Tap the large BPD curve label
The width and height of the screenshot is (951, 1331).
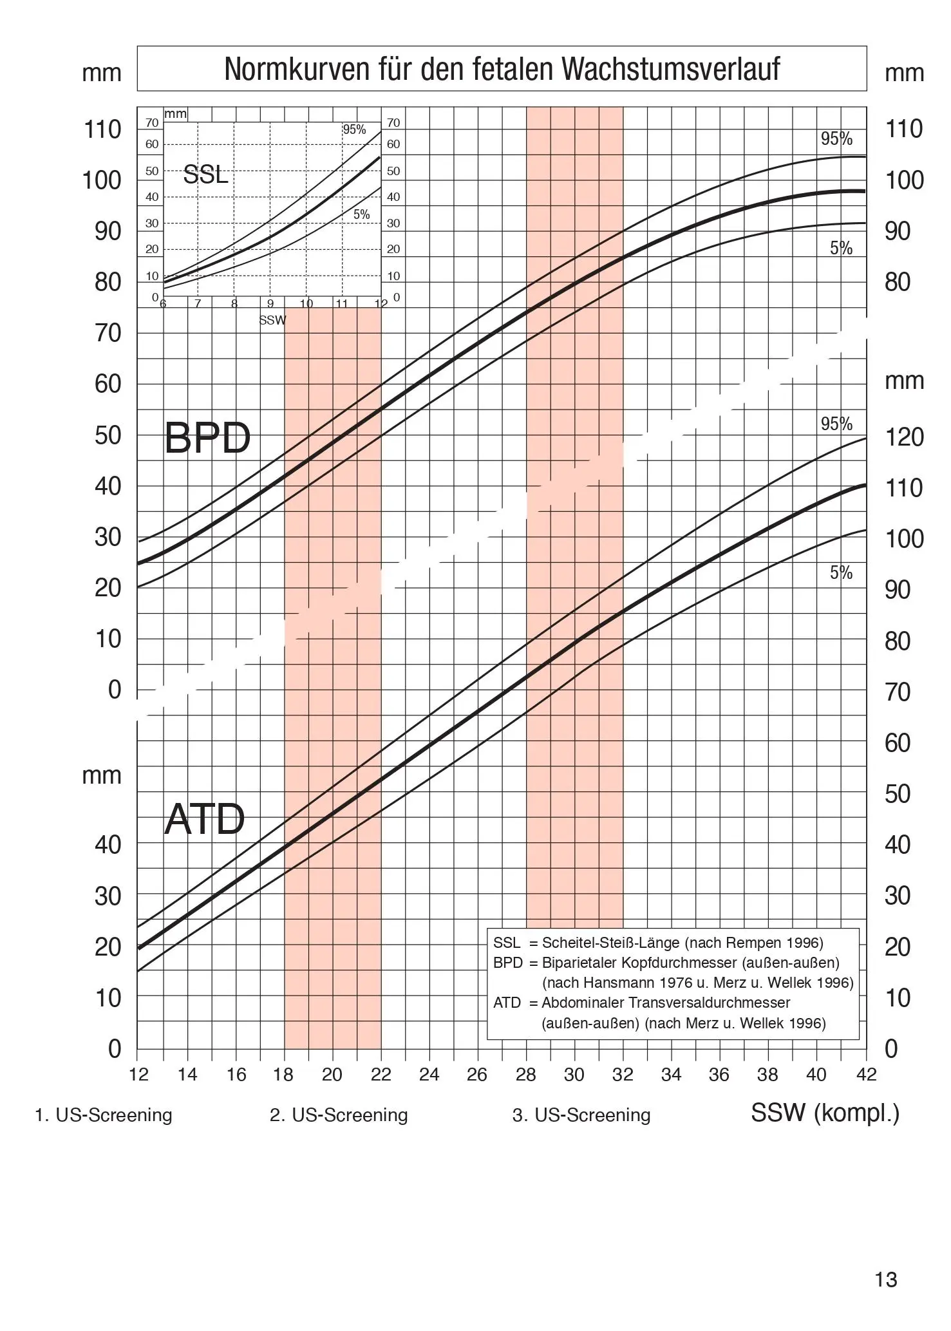pos(207,439)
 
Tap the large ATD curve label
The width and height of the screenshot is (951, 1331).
pos(205,820)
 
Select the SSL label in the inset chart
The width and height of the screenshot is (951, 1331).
pos(205,175)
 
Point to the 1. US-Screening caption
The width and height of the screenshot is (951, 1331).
pos(104,1115)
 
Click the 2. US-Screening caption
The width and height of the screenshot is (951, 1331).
pos(339,1115)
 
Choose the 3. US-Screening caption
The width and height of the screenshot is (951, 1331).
pos(581,1115)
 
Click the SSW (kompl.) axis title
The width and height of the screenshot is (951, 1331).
pos(825,1113)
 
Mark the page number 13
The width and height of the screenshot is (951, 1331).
pos(885,1279)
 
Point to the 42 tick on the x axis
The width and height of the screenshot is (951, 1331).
pos(866,1075)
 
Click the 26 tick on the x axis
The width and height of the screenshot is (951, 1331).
pos(477,1075)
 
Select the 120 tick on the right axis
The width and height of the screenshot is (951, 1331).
pos(904,437)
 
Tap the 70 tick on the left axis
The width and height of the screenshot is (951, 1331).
pos(108,334)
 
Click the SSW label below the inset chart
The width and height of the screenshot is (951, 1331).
pos(272,320)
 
